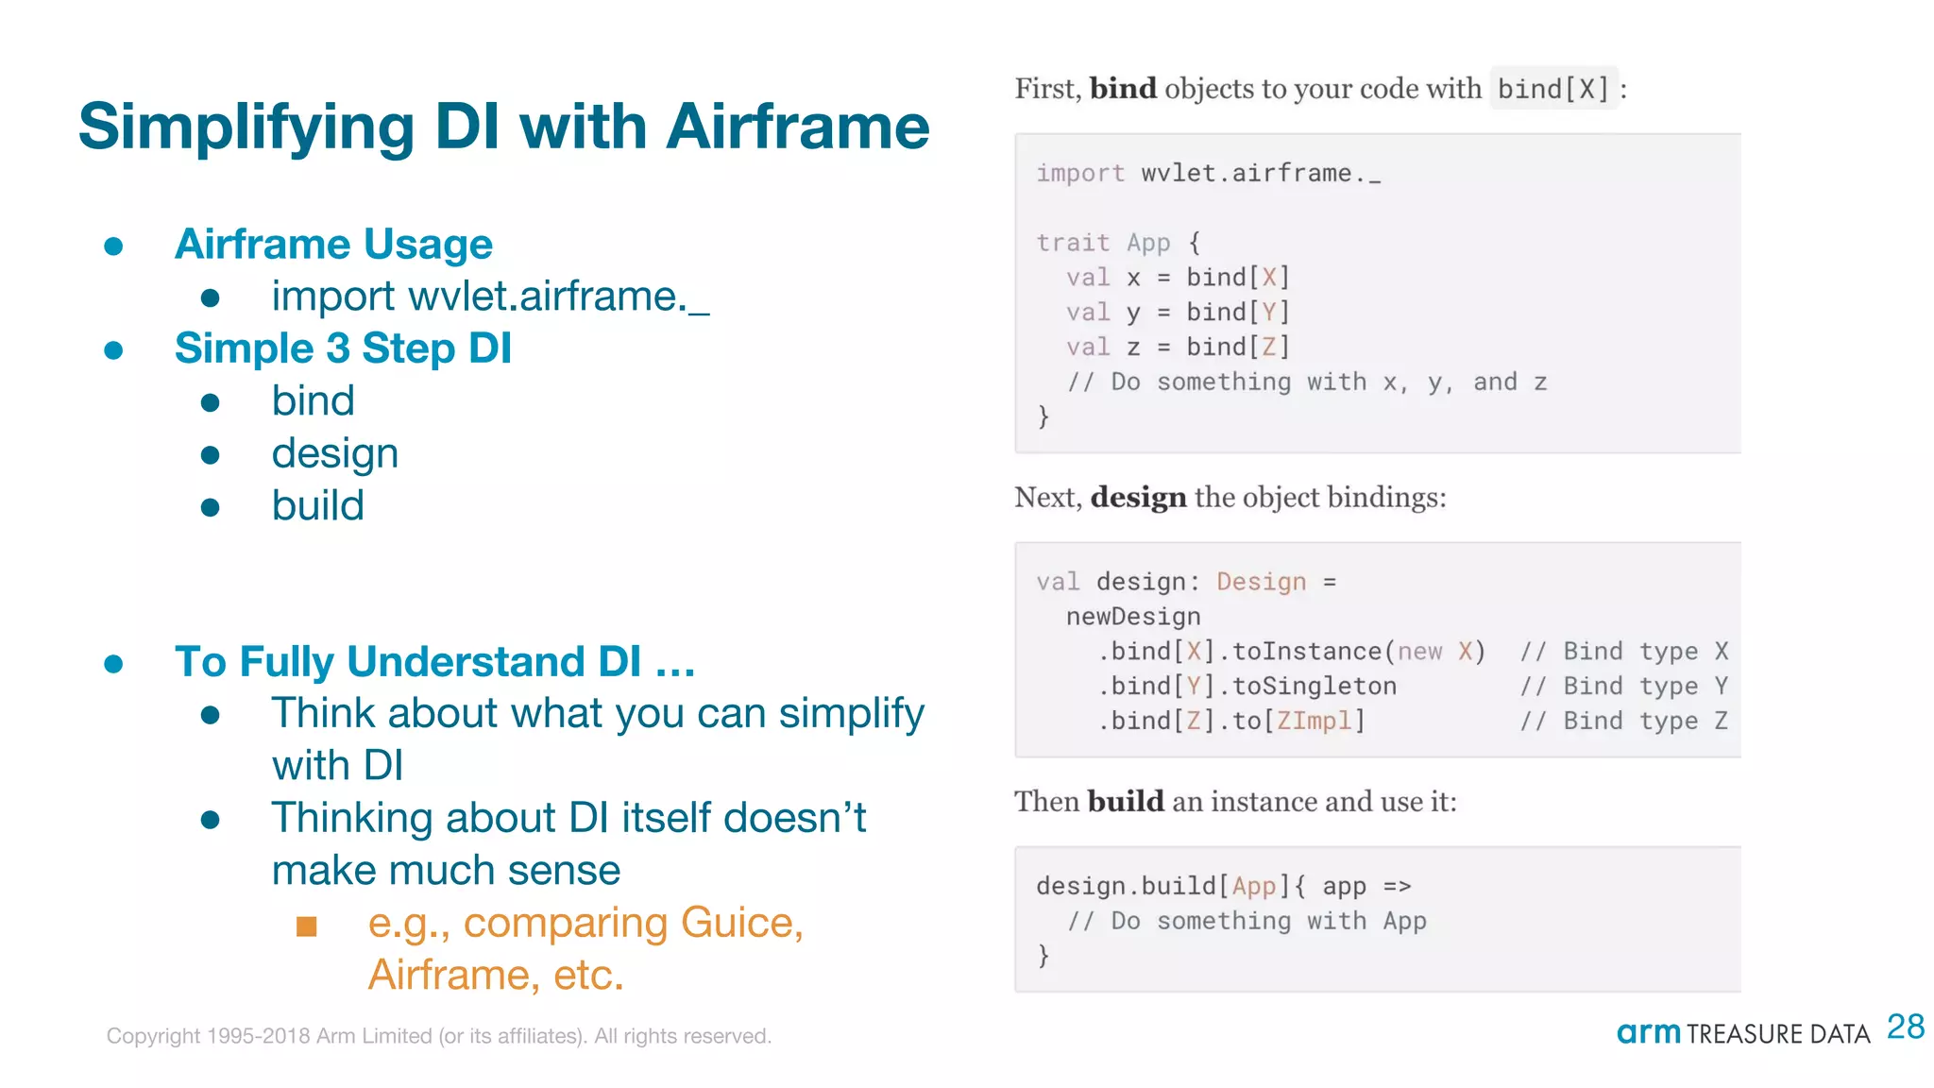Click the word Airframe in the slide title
coord(797,127)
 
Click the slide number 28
coord(1905,1027)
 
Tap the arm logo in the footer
coord(1648,1032)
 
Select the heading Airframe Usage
coord(333,245)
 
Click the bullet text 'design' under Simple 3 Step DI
coord(334,454)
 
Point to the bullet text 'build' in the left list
coord(317,506)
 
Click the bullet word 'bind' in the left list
coord(313,401)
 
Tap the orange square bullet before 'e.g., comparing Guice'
coord(306,926)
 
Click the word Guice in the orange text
coord(741,923)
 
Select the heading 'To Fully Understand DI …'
coord(434,661)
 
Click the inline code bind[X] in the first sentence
coord(1552,89)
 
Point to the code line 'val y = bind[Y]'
coord(1178,313)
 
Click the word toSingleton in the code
coord(1314,687)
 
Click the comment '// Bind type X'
coord(1623,652)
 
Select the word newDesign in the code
coord(1133,617)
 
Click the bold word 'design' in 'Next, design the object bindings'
coord(1138,497)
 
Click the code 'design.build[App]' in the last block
coord(1156,886)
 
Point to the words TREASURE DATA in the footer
coord(1777,1034)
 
